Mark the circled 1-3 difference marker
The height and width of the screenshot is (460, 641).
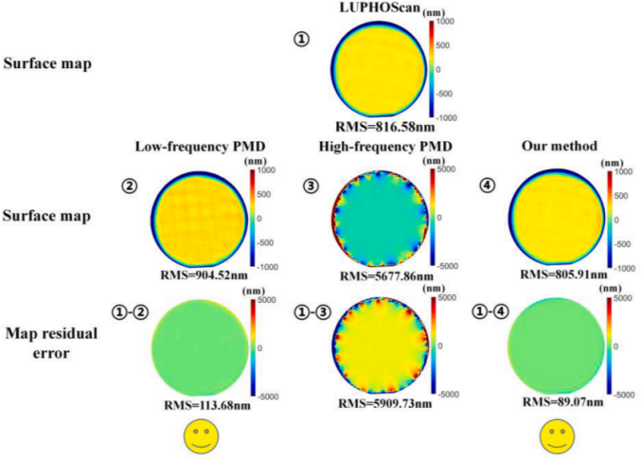pos(312,305)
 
